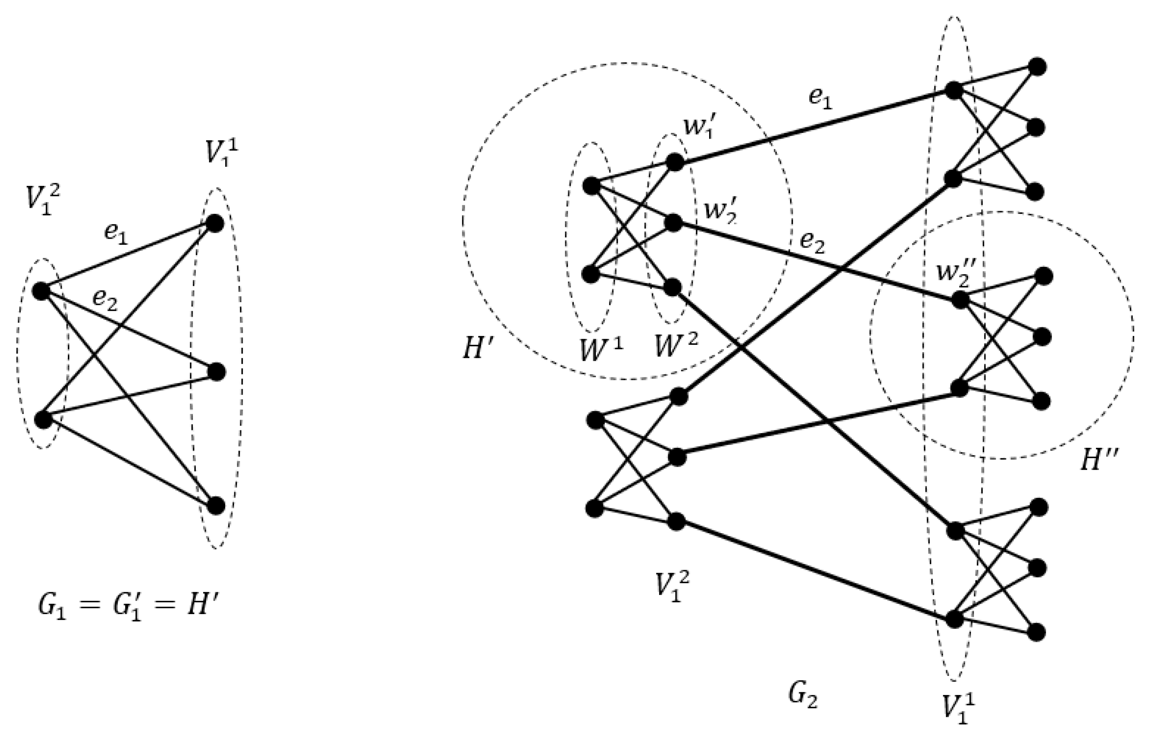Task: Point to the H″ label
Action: point(1099,461)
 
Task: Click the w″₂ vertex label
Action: point(955,274)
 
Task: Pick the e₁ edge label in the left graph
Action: point(116,234)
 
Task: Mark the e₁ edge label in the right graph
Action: point(820,99)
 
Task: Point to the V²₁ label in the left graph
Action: point(43,200)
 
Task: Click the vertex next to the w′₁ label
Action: point(675,162)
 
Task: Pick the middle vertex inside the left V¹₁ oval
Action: point(217,372)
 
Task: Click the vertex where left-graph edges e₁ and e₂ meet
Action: point(41,291)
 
